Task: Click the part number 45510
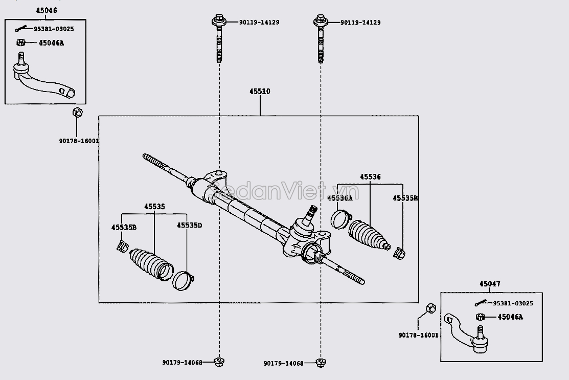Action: tap(260, 92)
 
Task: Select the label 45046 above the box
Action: tap(47, 10)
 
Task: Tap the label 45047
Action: tap(490, 284)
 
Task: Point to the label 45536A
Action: tap(339, 198)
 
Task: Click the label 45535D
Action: tap(189, 226)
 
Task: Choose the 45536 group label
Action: tap(370, 177)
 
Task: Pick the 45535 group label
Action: tap(154, 207)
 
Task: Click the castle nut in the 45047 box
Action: tap(480, 317)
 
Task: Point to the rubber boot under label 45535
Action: tap(151, 263)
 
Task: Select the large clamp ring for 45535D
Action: tap(183, 281)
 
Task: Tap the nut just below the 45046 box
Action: tap(77, 113)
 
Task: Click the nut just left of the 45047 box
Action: tap(430, 308)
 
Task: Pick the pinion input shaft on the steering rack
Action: tap(310, 212)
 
